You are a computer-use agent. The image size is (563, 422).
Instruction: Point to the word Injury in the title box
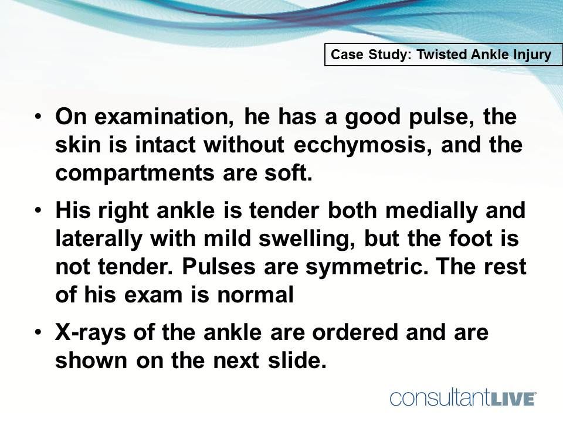click(x=531, y=55)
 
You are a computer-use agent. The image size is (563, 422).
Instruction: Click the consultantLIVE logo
click(x=463, y=398)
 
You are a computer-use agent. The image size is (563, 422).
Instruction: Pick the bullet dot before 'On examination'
click(x=39, y=115)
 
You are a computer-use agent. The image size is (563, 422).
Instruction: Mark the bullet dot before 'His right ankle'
click(x=39, y=211)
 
